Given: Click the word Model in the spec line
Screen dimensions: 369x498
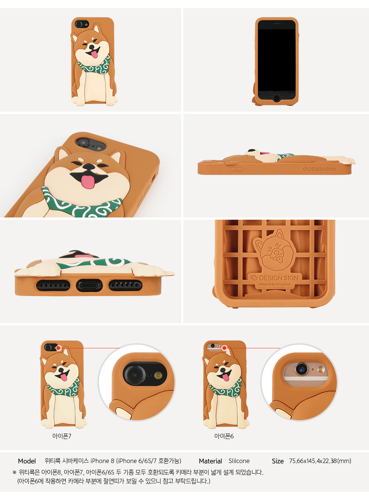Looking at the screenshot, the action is click(27, 461).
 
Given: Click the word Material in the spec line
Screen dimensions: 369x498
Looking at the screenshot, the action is click(210, 461).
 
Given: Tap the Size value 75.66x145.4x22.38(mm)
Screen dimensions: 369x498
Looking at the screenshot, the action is click(320, 461).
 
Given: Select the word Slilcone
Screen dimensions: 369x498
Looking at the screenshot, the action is click(239, 461).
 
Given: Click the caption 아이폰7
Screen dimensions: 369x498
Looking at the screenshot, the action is click(62, 436).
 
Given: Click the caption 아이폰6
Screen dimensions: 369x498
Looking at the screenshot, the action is click(224, 436).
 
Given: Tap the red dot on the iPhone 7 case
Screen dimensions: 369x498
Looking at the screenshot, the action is click(58, 348).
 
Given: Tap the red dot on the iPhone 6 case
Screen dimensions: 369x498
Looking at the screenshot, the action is click(224, 348).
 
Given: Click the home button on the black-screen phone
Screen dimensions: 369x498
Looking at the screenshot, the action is click(277, 98).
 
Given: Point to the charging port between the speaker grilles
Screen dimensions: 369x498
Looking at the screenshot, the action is click(89, 286).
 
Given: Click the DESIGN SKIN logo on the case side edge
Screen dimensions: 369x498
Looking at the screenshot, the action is click(319, 169).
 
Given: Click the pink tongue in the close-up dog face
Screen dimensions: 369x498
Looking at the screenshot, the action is click(87, 182).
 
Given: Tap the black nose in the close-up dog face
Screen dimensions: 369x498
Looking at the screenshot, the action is click(89, 167).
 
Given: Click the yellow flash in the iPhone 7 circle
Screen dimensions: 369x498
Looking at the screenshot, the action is click(158, 375).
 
